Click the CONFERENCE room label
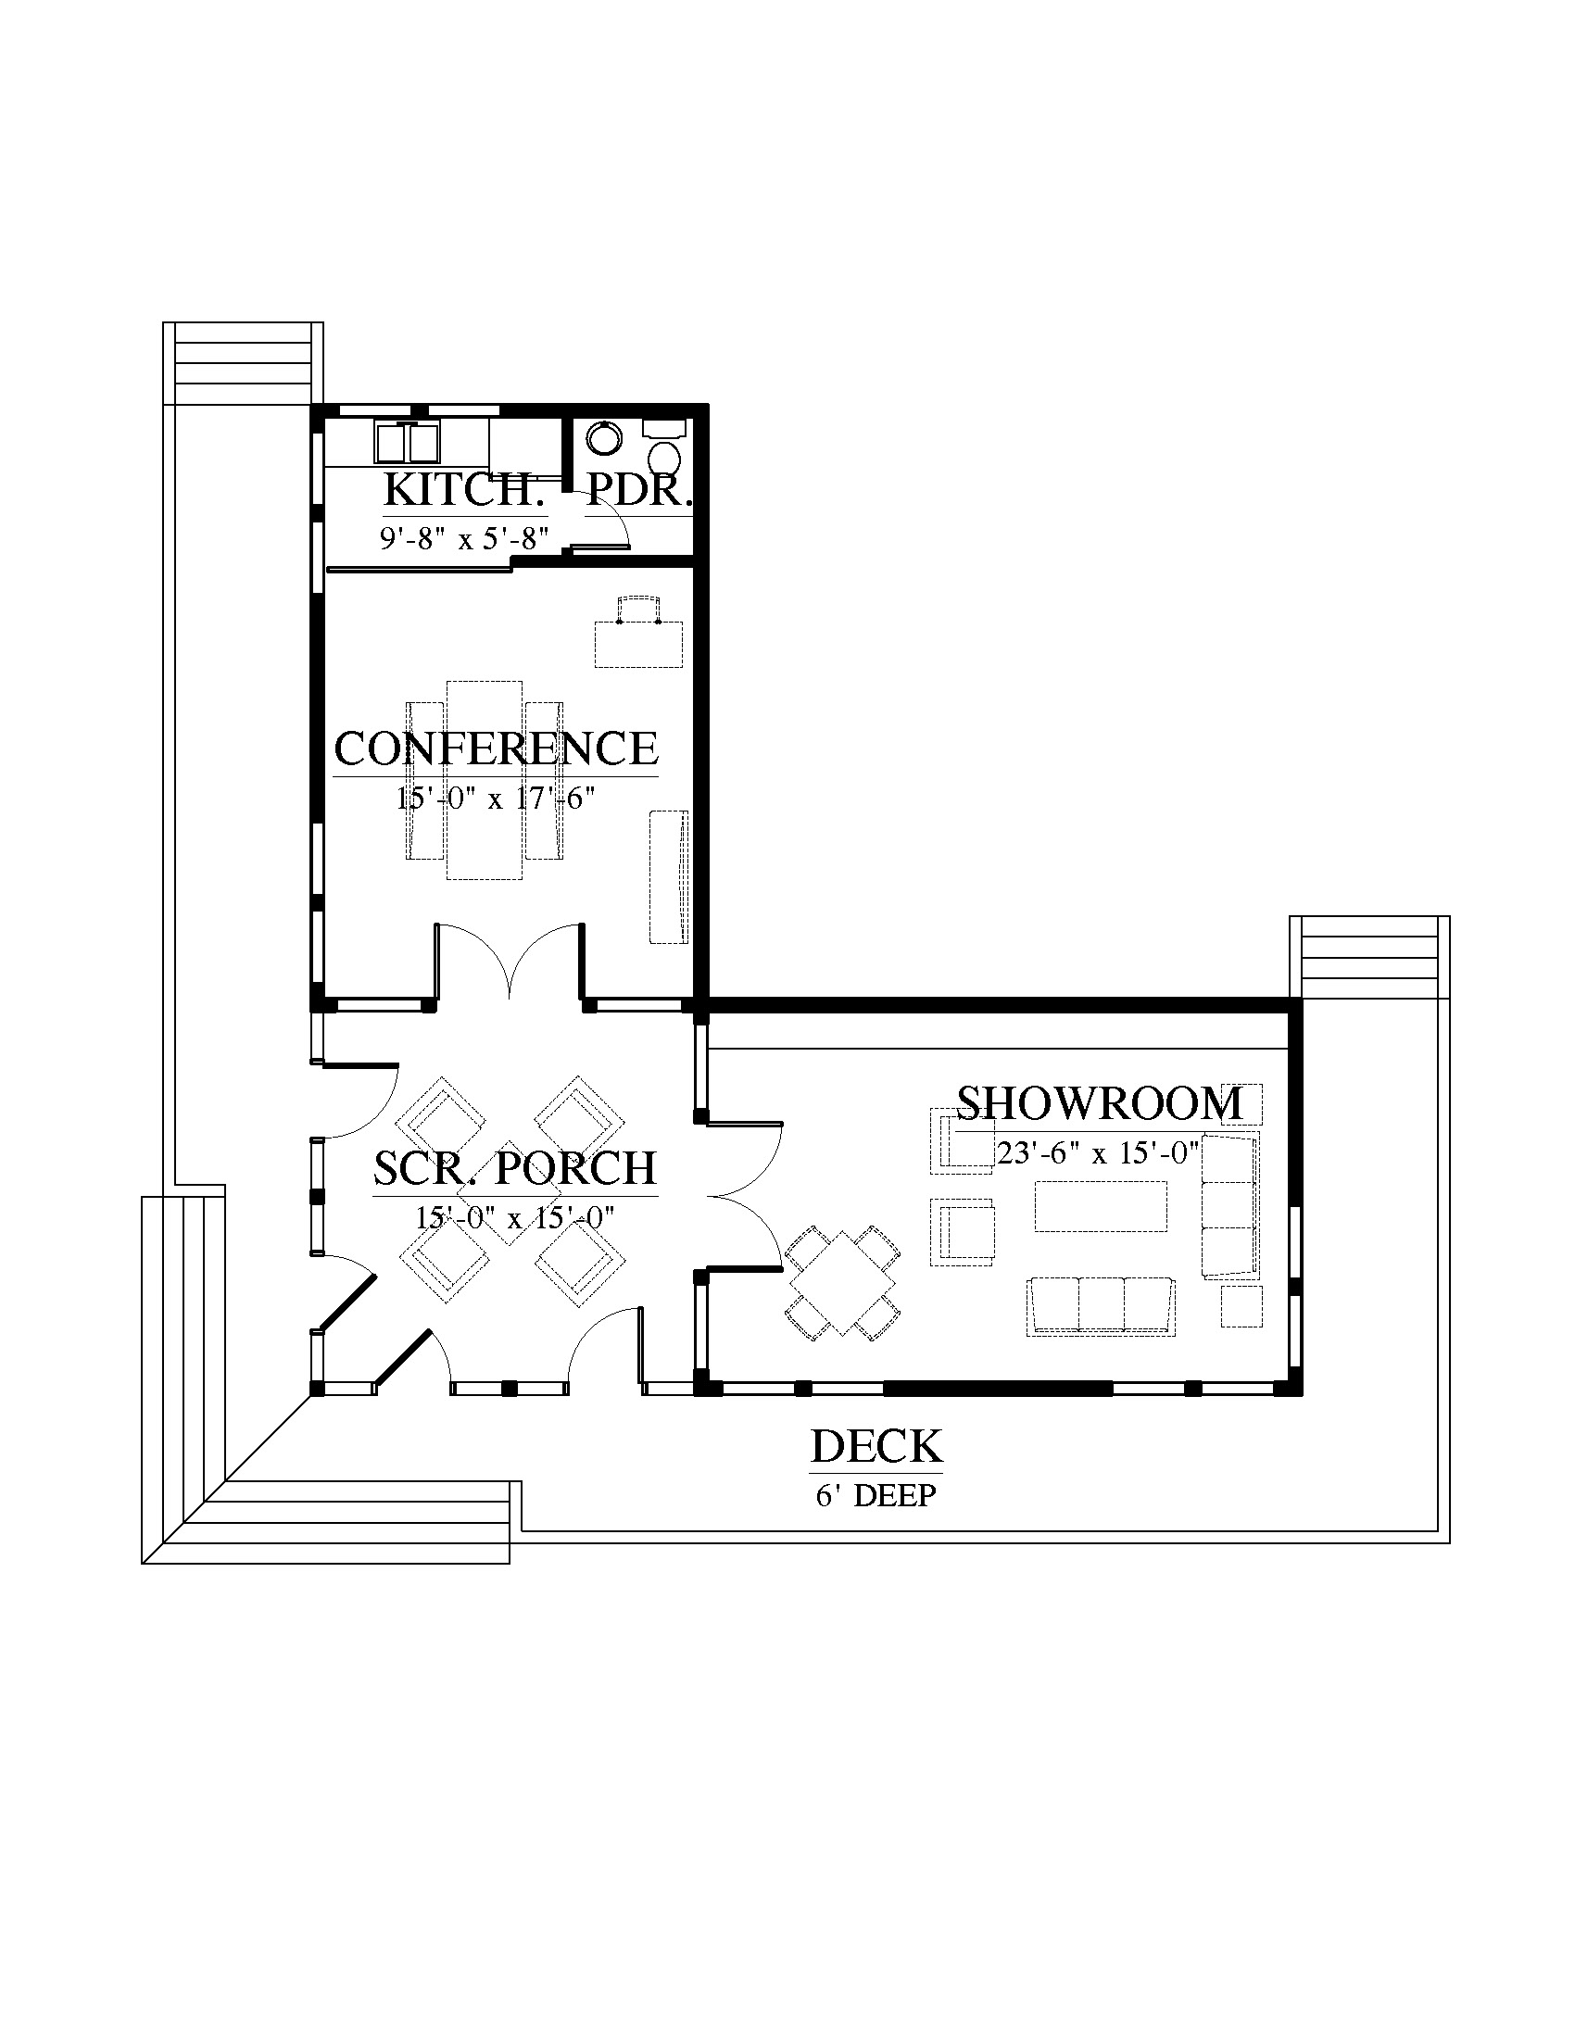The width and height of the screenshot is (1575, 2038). pyautogui.click(x=496, y=749)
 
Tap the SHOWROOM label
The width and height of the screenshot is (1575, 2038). pyautogui.click(x=1100, y=1104)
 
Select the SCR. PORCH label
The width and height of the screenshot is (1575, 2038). pyautogui.click(x=515, y=1168)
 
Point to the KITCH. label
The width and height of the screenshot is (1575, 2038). pyautogui.click(x=463, y=490)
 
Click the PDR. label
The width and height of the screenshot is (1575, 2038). pyautogui.click(x=639, y=490)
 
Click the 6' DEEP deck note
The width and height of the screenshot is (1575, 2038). pyautogui.click(x=876, y=1496)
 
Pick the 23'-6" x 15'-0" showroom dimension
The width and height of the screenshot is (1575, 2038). pyautogui.click(x=1097, y=1153)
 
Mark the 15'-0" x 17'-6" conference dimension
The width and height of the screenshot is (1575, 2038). pyautogui.click(x=496, y=798)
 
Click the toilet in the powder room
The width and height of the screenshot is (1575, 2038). pyautogui.click(x=664, y=457)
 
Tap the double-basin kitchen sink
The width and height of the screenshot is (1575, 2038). pyautogui.click(x=409, y=441)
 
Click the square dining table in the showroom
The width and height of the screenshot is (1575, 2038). pyautogui.click(x=842, y=1282)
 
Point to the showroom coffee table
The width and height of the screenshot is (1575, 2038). pyautogui.click(x=1101, y=1206)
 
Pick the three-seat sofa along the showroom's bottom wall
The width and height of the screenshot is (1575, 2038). pyautogui.click(x=1101, y=1306)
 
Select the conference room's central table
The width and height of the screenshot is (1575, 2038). pyautogui.click(x=484, y=779)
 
